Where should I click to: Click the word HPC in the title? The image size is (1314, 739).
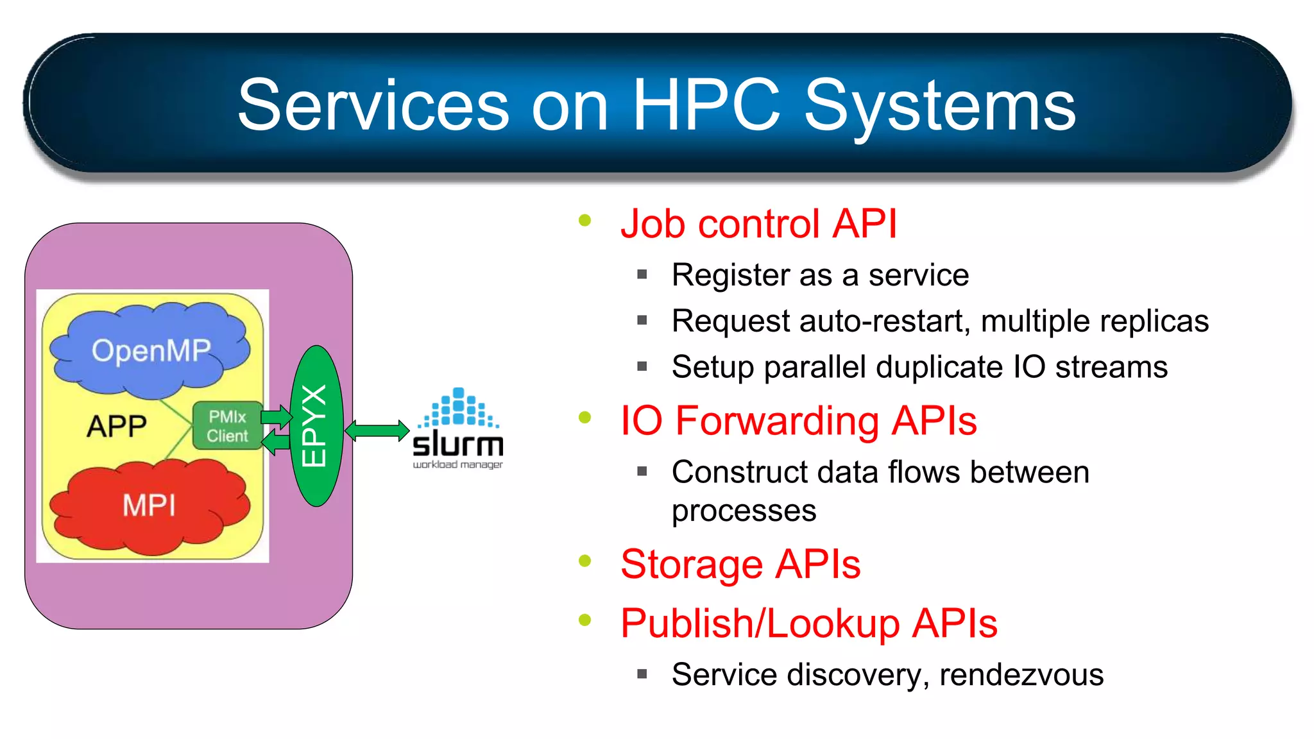706,105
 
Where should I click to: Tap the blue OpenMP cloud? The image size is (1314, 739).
151,351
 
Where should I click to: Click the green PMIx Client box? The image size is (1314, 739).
227,426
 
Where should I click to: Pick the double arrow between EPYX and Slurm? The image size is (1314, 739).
377,430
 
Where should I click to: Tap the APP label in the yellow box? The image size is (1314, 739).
117,426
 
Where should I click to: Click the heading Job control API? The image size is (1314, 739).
758,224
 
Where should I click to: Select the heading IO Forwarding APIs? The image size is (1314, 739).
798,421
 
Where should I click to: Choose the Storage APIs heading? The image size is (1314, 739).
740,565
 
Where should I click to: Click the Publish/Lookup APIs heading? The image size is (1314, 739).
808,624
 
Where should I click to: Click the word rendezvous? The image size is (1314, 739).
1021,675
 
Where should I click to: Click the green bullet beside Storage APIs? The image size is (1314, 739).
584,561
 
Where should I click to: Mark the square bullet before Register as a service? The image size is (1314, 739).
642,275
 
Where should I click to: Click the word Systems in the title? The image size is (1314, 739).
939,106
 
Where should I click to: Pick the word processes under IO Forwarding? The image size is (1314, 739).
744,511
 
